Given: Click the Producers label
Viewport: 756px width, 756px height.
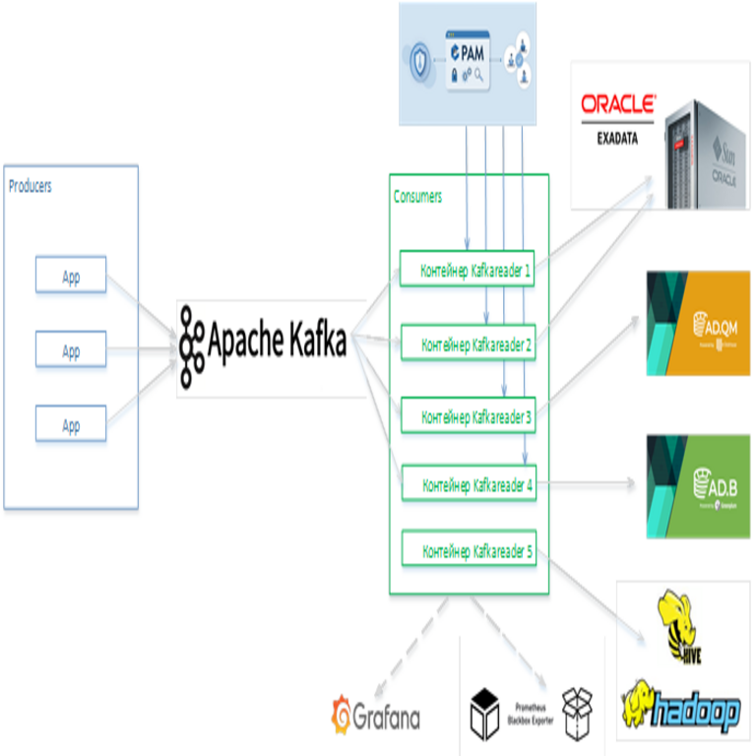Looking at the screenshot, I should pyautogui.click(x=31, y=186).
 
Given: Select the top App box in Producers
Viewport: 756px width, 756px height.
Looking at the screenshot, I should pyautogui.click(x=71, y=276).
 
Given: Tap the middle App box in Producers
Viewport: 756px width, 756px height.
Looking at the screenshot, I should pyautogui.click(x=71, y=349).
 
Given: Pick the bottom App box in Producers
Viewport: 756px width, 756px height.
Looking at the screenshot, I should pyautogui.click(x=71, y=424).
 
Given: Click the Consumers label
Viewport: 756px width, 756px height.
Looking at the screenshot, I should pyautogui.click(x=417, y=196).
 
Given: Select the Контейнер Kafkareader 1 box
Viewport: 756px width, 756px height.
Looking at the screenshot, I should pyautogui.click(x=468, y=268).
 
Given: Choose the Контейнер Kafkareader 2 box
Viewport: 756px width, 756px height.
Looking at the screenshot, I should pyautogui.click(x=469, y=344).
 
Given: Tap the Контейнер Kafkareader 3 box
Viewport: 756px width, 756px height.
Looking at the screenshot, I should pyautogui.click(x=469, y=415).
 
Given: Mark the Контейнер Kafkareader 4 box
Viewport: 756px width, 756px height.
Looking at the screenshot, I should pyautogui.click(x=470, y=483).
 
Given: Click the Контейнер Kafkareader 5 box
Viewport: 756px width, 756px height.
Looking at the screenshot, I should pyautogui.click(x=470, y=550).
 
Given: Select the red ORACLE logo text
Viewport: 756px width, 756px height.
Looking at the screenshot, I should pyautogui.click(x=618, y=104).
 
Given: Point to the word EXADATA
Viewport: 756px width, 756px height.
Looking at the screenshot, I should pyautogui.click(x=617, y=138).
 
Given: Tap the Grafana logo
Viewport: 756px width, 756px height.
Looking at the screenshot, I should pyautogui.click(x=376, y=716).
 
